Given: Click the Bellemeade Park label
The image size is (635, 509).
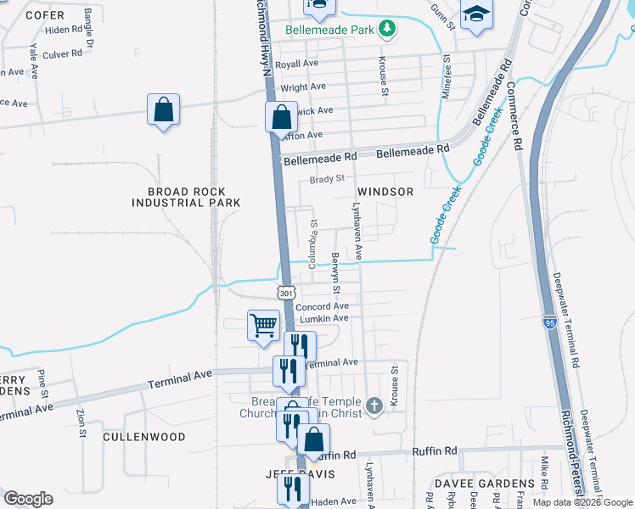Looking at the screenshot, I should coord(330,29).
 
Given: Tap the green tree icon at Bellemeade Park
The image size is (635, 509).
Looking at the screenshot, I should coord(387,29).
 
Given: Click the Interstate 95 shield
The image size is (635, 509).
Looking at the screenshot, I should coord(549,322).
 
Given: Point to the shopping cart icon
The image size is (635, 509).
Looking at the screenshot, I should coord(263,324).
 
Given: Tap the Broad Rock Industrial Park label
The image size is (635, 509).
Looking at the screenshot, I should coord(186,197).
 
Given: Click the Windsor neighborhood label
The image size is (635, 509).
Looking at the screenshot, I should coord(385,192).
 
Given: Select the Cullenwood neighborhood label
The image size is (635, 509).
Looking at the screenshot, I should coord(143,437).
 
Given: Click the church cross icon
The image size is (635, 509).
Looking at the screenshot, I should coord(374,406).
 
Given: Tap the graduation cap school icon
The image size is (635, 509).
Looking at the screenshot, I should coord(477,14).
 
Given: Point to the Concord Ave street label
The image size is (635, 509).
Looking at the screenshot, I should coord(322,306).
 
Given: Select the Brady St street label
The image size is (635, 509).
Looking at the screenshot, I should coord(327,179).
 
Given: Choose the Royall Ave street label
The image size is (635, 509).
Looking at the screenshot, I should coord(295,64).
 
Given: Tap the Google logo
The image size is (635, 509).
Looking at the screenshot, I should coord(28,498).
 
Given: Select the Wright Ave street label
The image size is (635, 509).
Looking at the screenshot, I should coord(303,87).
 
